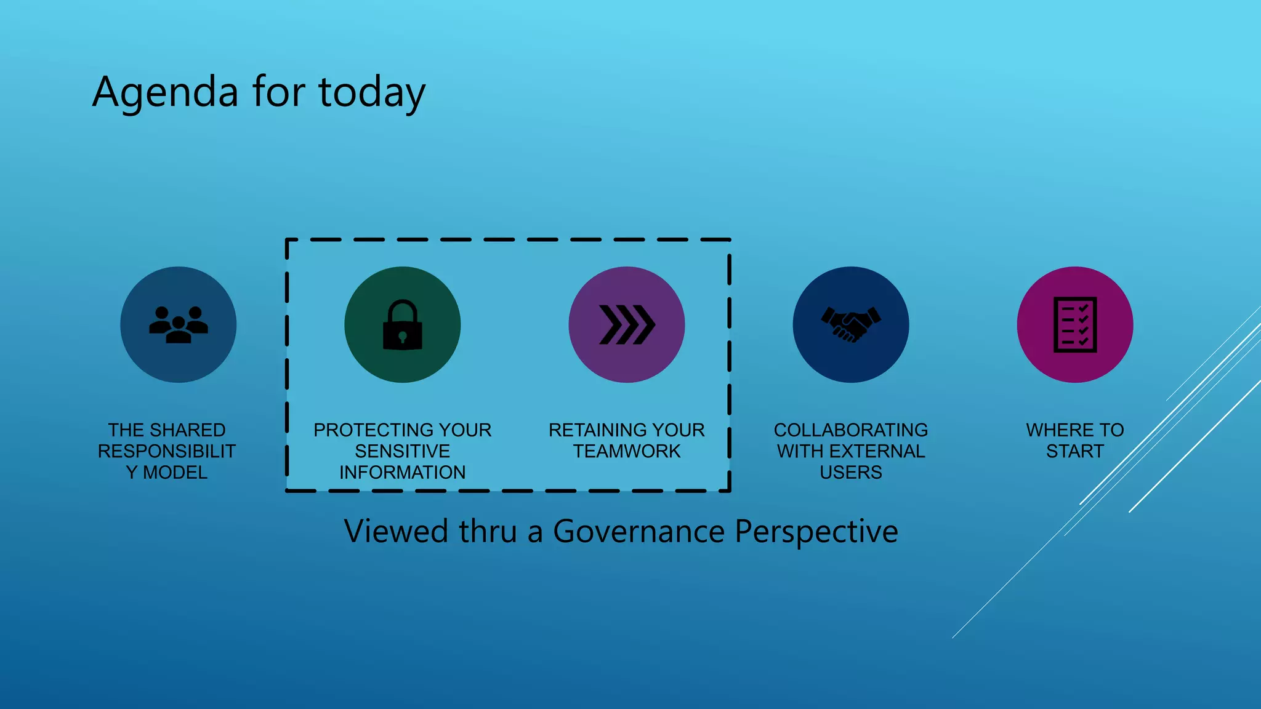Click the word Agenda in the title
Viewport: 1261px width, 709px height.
[x=165, y=92]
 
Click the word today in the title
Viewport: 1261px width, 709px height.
[x=371, y=92]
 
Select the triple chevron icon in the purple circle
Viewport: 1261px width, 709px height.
[x=627, y=324]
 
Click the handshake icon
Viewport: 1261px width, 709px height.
[x=850, y=324]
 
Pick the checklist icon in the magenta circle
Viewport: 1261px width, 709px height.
[x=1074, y=324]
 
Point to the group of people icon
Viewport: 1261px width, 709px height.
[x=178, y=324]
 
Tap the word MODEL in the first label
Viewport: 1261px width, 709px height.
[x=175, y=472]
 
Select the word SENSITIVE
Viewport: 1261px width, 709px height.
[x=402, y=451]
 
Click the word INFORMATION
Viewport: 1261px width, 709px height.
[x=402, y=472]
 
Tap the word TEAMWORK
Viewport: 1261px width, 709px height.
[x=627, y=451]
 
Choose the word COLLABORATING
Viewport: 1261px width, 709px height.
[x=850, y=430]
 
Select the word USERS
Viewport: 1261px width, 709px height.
[x=850, y=472]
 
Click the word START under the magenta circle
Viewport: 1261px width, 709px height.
[x=1074, y=451]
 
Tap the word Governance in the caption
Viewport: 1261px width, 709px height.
[x=639, y=531]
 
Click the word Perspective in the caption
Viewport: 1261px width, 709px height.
[x=816, y=531]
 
